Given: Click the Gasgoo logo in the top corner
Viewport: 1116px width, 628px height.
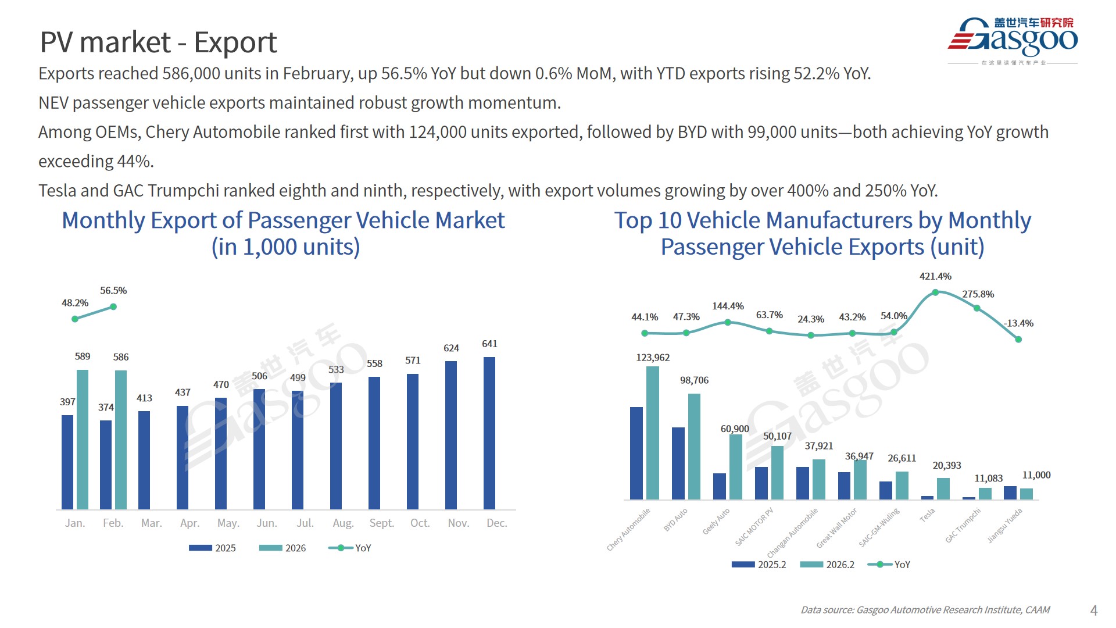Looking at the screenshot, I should point(1013,40).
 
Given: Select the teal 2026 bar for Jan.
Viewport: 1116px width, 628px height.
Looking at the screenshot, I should point(83,440).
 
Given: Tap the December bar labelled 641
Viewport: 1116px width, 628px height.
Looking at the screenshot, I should point(489,433).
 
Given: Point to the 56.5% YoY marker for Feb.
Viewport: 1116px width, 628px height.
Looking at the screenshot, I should point(113,306).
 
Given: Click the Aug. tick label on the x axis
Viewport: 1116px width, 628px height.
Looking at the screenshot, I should point(343,523).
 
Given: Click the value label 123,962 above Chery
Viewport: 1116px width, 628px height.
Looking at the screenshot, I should point(653,358).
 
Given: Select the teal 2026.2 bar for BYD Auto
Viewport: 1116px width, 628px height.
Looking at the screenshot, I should point(694,447).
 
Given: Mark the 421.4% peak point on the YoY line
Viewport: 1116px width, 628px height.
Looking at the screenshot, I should point(935,292).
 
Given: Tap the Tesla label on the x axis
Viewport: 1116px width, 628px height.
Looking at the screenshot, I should point(927,515).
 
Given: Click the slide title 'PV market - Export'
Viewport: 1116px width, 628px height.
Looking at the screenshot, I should point(158,42).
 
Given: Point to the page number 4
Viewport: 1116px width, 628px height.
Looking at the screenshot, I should point(1093,610).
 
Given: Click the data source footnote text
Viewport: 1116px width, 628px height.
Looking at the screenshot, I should point(925,609).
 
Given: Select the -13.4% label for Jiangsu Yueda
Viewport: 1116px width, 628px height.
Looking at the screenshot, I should point(1019,323).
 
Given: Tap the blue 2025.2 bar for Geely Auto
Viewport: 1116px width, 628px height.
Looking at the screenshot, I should point(720,486).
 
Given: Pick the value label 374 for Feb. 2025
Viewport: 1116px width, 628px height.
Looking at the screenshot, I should point(106,407).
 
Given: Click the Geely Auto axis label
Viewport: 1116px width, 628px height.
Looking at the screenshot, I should point(716,522).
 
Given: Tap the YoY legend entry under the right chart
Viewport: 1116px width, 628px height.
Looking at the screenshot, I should point(889,565).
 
